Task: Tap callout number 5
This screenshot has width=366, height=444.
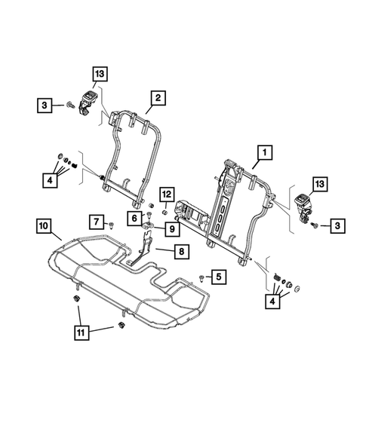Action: [x=217, y=278]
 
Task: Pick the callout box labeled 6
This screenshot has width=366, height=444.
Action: [x=133, y=218]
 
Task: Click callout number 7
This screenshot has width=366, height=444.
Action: [x=96, y=221]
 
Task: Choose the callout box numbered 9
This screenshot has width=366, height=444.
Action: [x=172, y=228]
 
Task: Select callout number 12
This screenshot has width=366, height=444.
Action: [x=167, y=194]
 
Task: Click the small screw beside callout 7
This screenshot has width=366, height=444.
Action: [x=112, y=224]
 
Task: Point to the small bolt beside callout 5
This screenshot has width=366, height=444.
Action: [x=201, y=278]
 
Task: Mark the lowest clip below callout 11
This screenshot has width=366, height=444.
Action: [x=121, y=326]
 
